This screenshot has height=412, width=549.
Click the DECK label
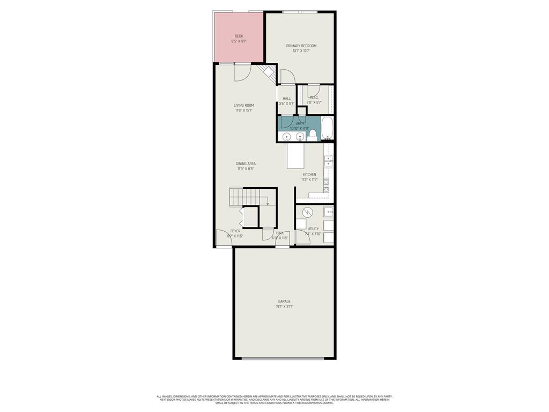tap(239, 36)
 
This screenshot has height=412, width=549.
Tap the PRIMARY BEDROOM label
tap(301, 46)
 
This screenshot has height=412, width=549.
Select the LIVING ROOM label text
tap(243, 105)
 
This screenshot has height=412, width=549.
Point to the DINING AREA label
tap(246, 164)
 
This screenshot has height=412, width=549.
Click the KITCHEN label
tap(309, 174)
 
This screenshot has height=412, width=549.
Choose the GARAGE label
tap(284, 301)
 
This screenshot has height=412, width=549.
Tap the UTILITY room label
tap(313, 229)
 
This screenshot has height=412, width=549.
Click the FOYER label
tap(235, 231)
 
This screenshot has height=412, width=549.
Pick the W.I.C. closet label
tap(314, 97)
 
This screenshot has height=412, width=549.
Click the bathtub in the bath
tap(327, 129)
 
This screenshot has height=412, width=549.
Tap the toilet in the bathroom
tap(313, 135)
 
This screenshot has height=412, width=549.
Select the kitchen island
tap(295, 155)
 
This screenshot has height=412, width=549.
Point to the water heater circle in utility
tap(307, 212)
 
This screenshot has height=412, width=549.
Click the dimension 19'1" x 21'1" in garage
tap(284, 307)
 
